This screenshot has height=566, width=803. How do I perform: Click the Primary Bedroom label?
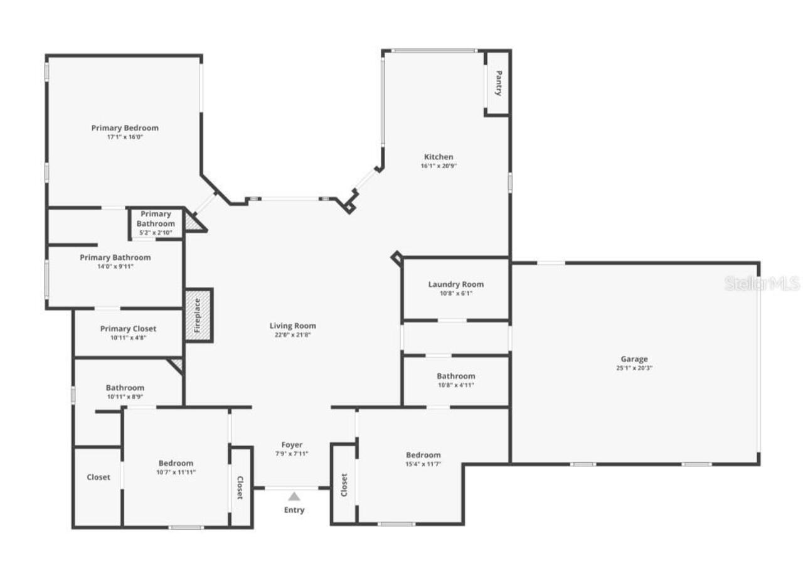click(125, 128)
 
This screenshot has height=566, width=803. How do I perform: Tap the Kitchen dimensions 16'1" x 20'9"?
click(438, 166)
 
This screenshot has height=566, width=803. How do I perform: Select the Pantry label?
click(498, 83)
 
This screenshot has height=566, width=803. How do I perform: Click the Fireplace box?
click(198, 315)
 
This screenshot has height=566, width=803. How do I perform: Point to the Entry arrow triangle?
click(294, 496)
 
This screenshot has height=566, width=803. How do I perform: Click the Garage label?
click(634, 359)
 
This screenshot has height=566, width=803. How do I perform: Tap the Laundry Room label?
click(455, 284)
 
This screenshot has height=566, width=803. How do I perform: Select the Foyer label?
click(292, 445)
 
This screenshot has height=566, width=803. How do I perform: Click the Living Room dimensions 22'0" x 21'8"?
click(292, 335)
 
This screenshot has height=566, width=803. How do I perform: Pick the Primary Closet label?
click(128, 329)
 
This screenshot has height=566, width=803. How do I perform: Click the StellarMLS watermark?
click(762, 284)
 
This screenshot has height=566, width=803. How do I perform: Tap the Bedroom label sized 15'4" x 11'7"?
click(423, 455)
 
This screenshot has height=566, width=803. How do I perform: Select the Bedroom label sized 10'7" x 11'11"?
click(176, 463)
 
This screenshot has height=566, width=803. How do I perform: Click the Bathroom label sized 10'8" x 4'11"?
click(455, 376)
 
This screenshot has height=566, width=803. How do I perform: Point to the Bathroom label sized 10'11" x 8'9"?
click(125, 388)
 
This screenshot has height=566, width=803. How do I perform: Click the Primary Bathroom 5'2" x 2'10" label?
click(156, 219)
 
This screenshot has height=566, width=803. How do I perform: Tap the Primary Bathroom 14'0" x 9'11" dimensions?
click(115, 266)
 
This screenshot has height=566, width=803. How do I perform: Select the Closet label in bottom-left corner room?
click(98, 477)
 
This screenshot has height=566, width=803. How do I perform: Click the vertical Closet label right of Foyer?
click(344, 484)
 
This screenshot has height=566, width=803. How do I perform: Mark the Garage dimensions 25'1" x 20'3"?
click(634, 368)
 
